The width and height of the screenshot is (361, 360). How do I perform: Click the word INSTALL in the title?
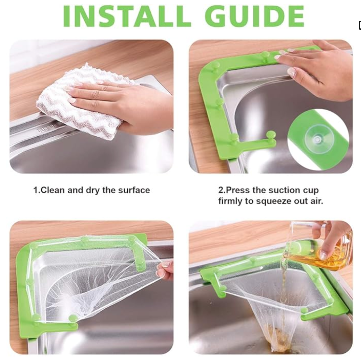[127, 16]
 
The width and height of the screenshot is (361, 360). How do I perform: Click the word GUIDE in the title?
[254, 16]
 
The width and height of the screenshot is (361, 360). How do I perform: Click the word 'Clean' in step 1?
[52, 190]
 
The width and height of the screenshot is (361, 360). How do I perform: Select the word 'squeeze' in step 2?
[274, 201]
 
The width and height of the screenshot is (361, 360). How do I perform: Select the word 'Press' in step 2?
[237, 190]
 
